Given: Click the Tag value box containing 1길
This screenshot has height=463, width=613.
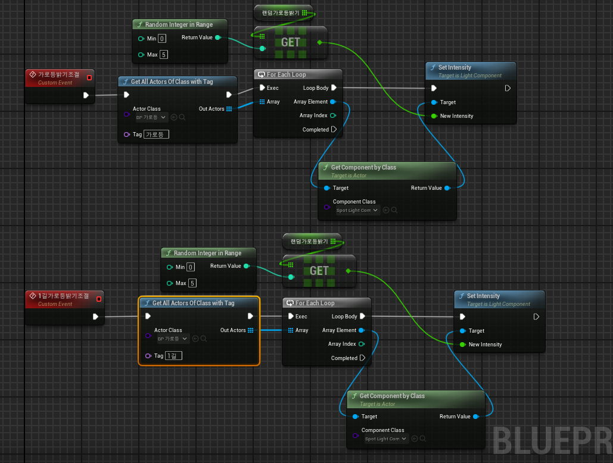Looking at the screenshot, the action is pos(174,356).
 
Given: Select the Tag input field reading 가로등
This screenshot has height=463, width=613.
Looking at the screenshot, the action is pos(157,134).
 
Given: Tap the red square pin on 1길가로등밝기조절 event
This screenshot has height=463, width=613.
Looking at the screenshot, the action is pos(99,299).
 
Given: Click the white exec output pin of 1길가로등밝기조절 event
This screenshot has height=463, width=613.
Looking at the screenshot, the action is pos(95,317).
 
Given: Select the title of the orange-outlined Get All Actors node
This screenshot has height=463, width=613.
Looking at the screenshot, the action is pos(193,303).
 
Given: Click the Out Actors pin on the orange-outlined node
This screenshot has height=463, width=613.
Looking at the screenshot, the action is pos(250,330).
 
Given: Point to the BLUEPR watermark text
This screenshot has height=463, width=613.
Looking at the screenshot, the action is pos(552,440).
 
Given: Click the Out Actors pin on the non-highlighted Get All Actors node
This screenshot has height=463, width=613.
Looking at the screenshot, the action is pos(229,109).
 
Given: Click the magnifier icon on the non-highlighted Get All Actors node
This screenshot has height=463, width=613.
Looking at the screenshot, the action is pos(182,117).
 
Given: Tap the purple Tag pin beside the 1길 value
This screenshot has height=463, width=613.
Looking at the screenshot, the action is pos(148,356).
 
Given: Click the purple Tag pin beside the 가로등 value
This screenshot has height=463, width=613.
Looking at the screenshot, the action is pos(126,134).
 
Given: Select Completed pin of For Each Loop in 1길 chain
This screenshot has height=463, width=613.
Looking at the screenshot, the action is pos(362,358).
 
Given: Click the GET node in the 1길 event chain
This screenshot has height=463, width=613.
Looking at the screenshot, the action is pos(319,271).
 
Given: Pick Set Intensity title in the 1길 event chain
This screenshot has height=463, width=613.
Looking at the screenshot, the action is pos(483,296).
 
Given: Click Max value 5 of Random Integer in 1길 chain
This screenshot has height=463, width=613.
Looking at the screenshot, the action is pos(192,283).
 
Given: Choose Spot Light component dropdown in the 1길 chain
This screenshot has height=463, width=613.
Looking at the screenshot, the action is pos(387,439).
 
